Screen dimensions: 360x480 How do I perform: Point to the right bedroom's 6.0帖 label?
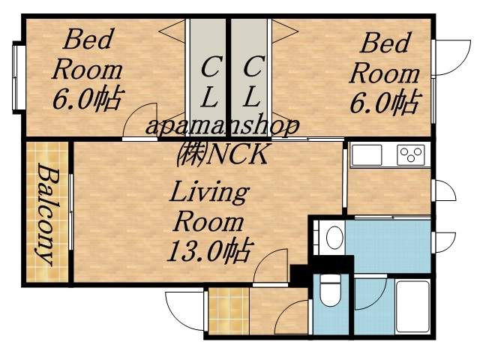click(x=384, y=103)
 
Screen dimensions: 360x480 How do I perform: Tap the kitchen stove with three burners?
click(x=410, y=154)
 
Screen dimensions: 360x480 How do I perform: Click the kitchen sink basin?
click(x=368, y=155)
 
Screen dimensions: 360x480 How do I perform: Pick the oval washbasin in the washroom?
click(x=334, y=238)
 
